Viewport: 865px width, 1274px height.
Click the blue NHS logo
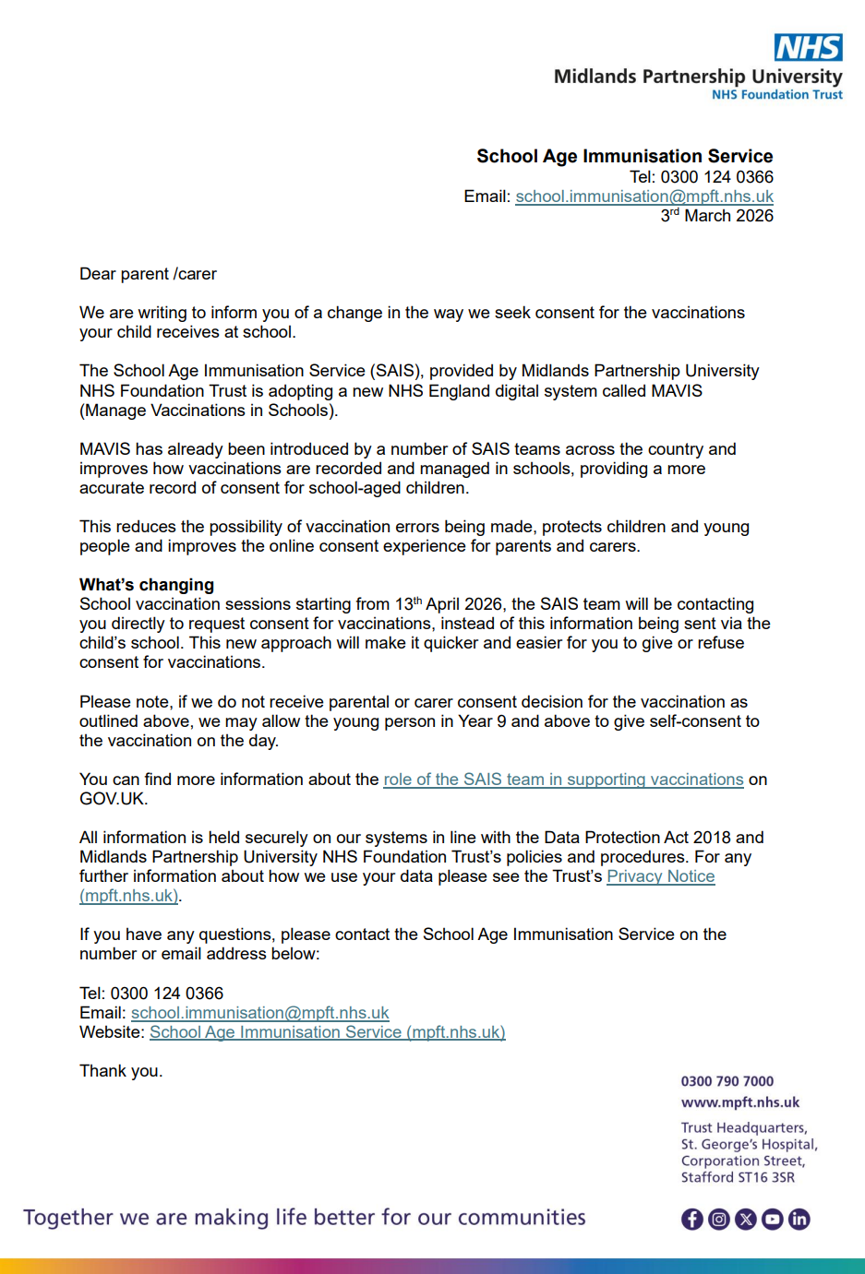click(808, 47)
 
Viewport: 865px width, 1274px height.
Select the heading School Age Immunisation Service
click(624, 156)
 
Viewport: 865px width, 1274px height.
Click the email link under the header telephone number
click(643, 196)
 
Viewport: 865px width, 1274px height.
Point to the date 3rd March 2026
click(716, 216)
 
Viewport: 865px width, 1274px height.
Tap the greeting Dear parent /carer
click(148, 274)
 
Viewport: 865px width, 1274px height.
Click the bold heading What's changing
click(147, 585)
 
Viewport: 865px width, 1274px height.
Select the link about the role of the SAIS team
click(563, 780)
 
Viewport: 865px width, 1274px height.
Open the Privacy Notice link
click(660, 876)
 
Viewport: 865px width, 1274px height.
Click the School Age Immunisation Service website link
click(327, 1032)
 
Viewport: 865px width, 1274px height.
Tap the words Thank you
click(121, 1071)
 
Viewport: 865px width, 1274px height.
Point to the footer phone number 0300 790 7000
click(727, 1081)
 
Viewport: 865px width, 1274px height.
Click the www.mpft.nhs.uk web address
click(740, 1102)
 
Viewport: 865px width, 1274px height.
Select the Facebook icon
click(692, 1220)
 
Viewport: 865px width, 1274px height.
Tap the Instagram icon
click(719, 1220)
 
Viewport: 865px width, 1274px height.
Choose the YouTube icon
click(773, 1220)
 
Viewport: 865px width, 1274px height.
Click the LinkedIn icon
click(799, 1220)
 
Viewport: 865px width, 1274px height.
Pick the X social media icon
click(746, 1220)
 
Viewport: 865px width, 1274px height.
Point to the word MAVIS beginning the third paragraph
click(105, 449)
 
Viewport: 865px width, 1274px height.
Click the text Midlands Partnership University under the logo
click(698, 77)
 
